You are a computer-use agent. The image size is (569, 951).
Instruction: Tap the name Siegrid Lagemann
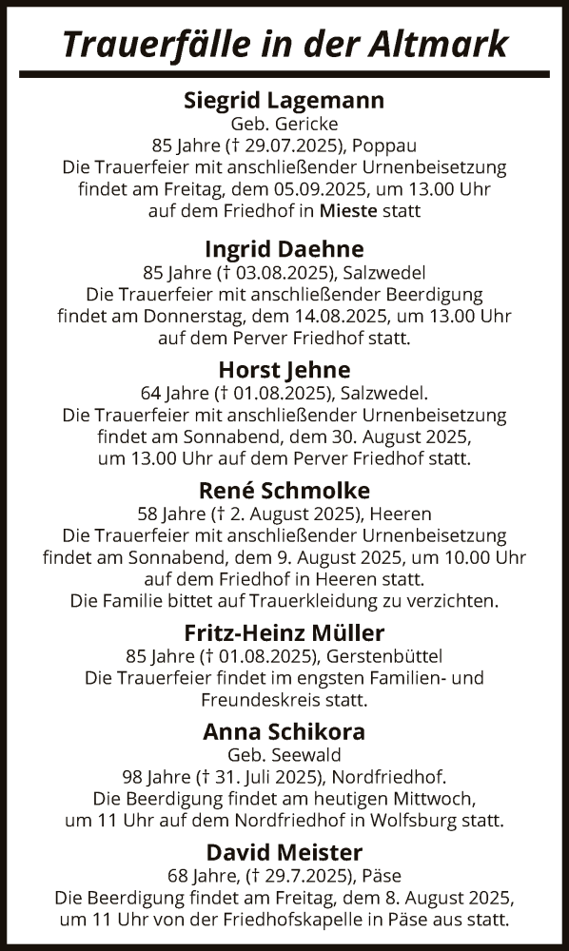[x=284, y=100]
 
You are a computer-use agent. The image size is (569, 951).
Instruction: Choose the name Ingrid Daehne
[x=284, y=249]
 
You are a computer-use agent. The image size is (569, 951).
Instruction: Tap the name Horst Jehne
[x=284, y=370]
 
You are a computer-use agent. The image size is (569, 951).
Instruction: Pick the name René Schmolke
[x=284, y=490]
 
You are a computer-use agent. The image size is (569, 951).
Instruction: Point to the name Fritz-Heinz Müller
[x=284, y=632]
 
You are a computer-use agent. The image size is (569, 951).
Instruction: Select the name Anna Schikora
[x=284, y=732]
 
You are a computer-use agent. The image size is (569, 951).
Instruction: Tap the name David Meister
[x=284, y=853]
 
